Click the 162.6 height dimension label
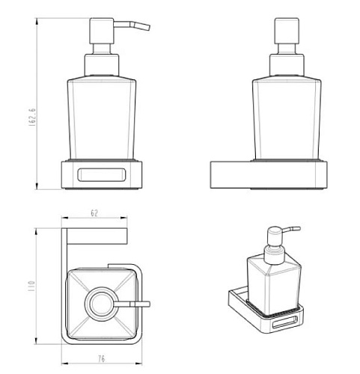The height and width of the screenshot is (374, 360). tap(32, 117)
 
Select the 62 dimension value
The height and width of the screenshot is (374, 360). tap(94, 213)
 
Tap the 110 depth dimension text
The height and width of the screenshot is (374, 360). tap(31, 286)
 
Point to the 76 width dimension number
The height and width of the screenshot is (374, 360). tap(101, 359)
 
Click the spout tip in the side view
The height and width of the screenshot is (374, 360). tap(149, 28)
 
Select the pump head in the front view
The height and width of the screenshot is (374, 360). tap(287, 31)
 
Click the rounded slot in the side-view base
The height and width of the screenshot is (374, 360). tap(102, 175)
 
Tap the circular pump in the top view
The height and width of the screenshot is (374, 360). tap(100, 304)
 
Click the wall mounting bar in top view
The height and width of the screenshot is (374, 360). tap(97, 236)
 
